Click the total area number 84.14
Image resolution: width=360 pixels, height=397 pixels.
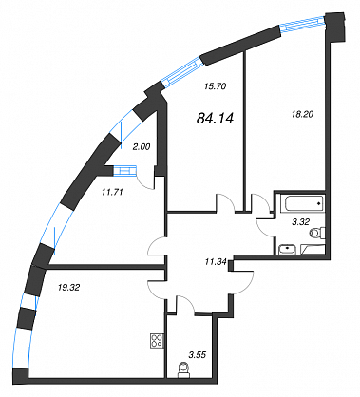point(215,119)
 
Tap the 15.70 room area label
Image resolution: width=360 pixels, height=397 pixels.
point(215,86)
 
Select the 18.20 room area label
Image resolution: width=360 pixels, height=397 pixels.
point(302,114)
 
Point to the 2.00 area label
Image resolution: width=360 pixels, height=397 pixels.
point(142,147)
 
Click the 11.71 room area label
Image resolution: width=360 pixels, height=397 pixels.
point(112,192)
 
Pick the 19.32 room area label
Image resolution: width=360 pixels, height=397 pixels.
point(68,288)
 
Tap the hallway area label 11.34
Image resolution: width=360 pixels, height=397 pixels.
point(216,262)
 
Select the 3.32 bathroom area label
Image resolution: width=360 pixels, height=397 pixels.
point(300,222)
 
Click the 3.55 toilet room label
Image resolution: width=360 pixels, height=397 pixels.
point(197,355)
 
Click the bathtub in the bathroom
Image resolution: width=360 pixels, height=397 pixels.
point(304,203)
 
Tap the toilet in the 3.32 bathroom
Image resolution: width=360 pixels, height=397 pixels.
point(317,233)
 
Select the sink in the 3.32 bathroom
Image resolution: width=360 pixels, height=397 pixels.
point(288,250)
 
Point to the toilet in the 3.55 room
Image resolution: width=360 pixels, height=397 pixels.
point(183,369)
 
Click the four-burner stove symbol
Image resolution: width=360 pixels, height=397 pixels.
point(157,341)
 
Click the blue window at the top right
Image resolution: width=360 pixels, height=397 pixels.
point(304,25)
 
